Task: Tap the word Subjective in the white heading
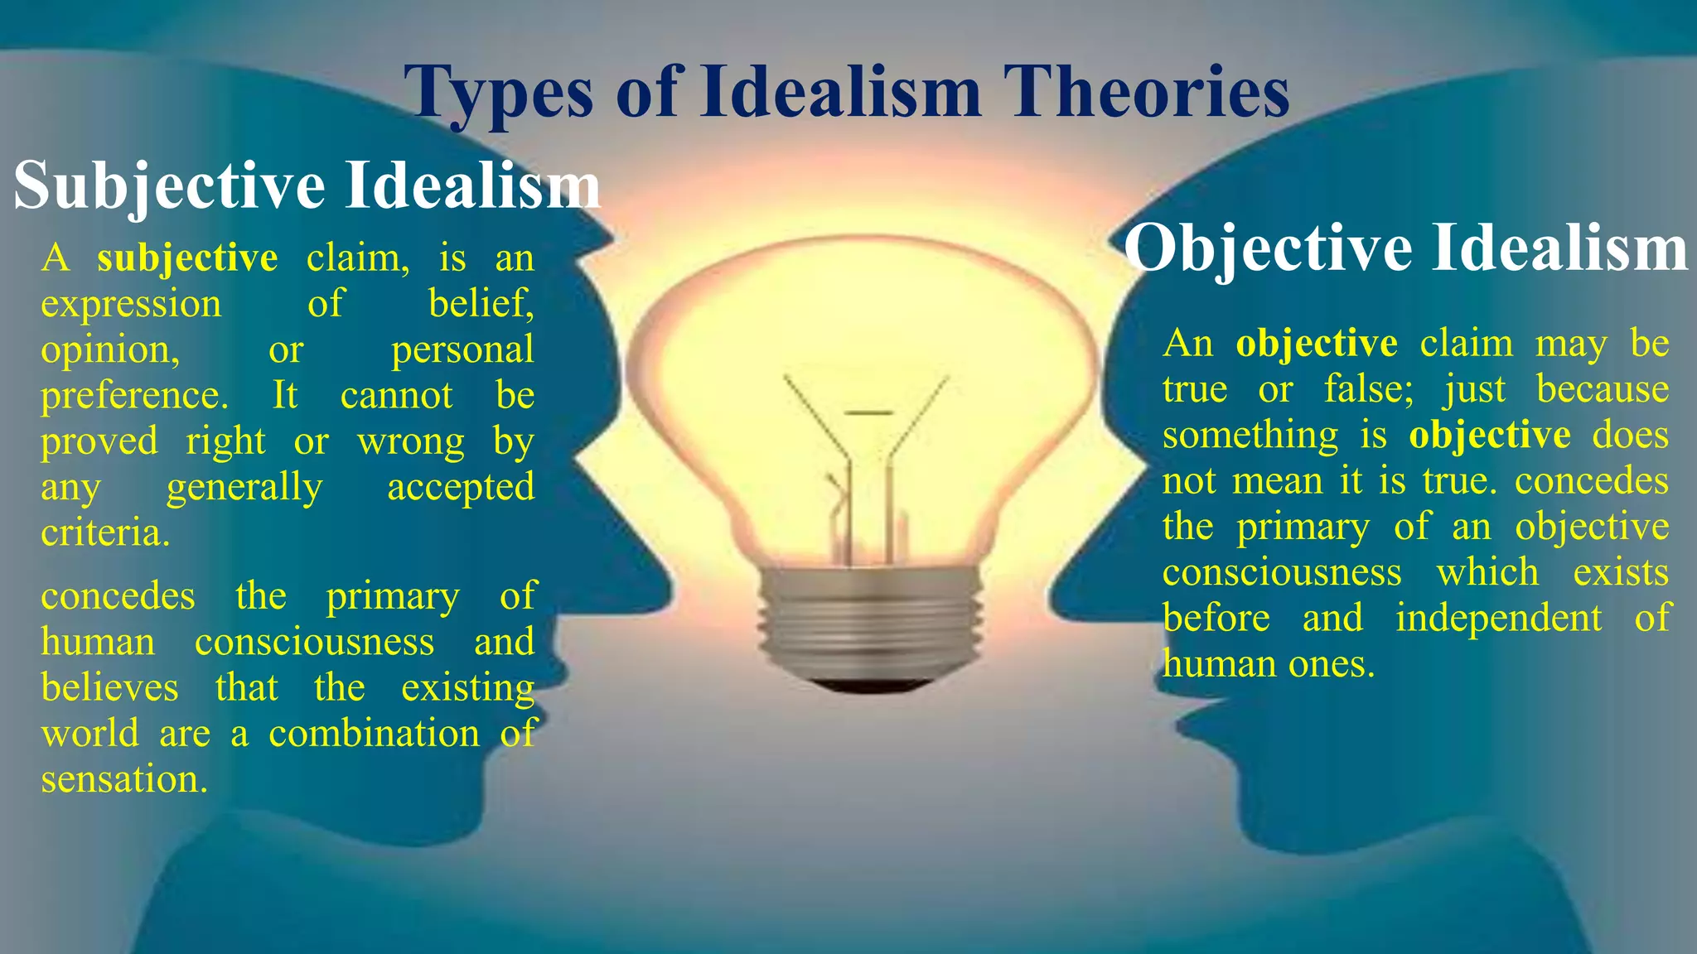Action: [169, 185]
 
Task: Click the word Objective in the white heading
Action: [1267, 248]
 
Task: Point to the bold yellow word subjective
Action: [187, 258]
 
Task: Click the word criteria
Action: [105, 532]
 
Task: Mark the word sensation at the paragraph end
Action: [123, 779]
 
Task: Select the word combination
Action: [374, 734]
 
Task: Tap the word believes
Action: [109, 688]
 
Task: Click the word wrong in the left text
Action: [410, 441]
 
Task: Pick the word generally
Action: [244, 488]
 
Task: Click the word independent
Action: [1498, 619]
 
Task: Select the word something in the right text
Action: [1250, 436]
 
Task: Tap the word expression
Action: [131, 305]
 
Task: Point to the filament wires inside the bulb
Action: [866, 472]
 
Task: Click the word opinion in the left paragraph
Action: [110, 350]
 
